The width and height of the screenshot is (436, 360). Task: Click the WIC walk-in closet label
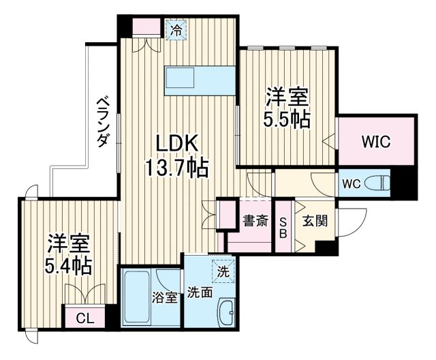(375, 142)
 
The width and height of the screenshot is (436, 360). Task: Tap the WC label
(352, 184)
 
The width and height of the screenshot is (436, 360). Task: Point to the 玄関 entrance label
(315, 220)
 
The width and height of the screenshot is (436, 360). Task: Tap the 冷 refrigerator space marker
(176, 30)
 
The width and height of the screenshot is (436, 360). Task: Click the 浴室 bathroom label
(166, 297)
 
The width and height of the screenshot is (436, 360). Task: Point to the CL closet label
(85, 318)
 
